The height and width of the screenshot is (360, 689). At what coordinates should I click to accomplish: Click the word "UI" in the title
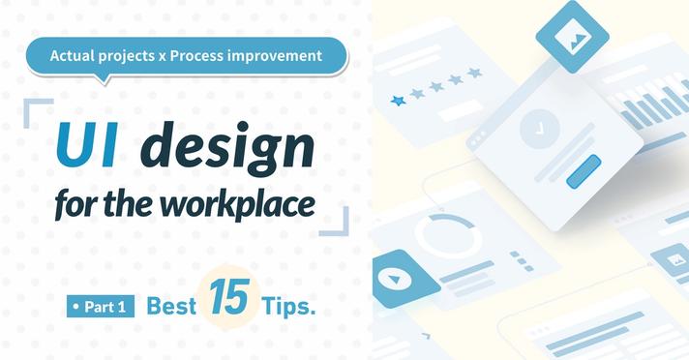click(87, 145)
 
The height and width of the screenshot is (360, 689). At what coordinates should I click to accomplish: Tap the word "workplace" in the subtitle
click(238, 204)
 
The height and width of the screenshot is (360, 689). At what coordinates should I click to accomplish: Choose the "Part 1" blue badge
click(101, 307)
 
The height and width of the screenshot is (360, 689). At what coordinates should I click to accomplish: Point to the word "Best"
click(171, 306)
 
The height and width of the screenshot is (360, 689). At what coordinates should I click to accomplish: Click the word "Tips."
click(288, 306)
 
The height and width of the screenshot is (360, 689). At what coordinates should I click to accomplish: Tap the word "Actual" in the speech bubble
click(73, 56)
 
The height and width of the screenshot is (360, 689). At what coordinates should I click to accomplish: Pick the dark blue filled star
click(398, 101)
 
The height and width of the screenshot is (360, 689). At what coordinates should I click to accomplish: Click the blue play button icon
click(395, 279)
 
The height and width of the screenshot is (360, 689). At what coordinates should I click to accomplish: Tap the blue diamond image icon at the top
click(572, 37)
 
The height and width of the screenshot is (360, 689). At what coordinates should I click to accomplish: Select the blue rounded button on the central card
click(584, 171)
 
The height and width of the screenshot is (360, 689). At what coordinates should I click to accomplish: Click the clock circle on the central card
click(539, 130)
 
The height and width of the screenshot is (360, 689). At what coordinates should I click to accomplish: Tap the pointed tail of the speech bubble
click(105, 79)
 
